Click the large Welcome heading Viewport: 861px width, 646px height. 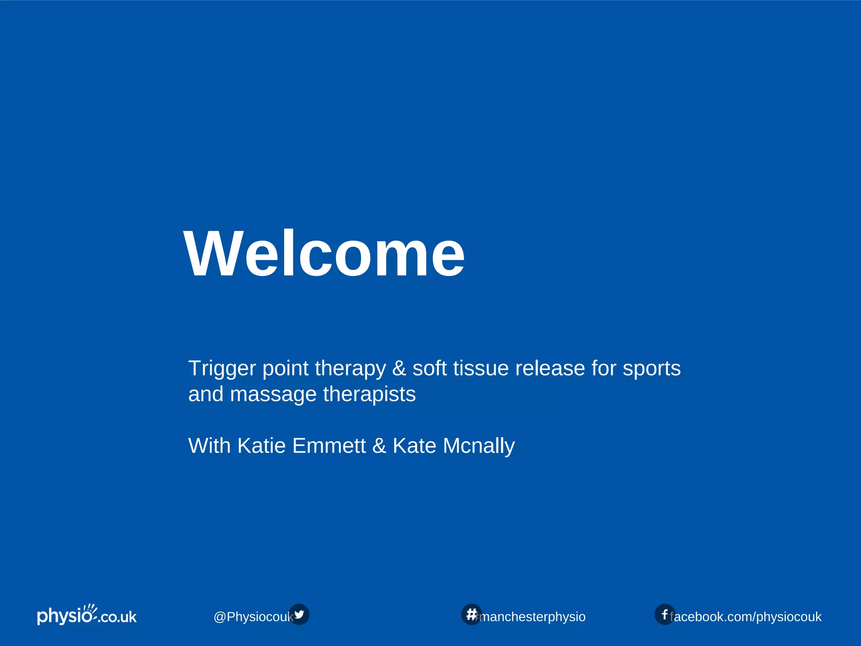click(324, 254)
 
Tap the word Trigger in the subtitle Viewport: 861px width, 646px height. click(222, 369)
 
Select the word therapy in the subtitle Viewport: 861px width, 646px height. click(350, 369)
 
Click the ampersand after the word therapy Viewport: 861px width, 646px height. click(399, 369)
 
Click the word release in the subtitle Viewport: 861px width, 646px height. click(550, 369)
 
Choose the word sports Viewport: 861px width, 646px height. click(651, 369)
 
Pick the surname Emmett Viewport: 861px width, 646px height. click(329, 446)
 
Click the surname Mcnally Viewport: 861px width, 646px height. click(478, 446)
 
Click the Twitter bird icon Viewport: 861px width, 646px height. click(299, 614)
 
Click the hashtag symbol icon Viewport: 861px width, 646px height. click(471, 614)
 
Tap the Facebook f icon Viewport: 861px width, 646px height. click(664, 614)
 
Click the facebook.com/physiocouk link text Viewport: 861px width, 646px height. click(746, 617)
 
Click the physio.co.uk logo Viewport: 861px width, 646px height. click(87, 615)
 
